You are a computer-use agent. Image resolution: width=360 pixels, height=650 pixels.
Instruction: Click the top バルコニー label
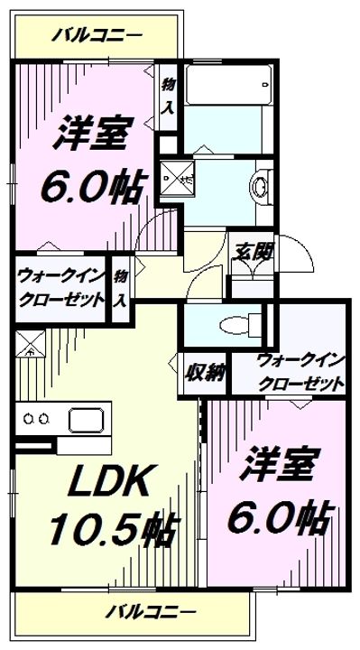[x=96, y=36]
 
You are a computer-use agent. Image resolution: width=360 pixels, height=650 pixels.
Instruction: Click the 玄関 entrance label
[x=254, y=252]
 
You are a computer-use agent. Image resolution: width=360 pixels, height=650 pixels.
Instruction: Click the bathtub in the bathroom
[x=226, y=87]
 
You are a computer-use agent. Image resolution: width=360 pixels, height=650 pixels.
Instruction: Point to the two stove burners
[x=37, y=419]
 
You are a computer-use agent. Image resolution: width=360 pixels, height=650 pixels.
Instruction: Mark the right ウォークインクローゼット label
[x=301, y=370]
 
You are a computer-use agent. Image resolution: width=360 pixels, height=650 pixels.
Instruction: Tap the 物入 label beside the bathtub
[x=168, y=96]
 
